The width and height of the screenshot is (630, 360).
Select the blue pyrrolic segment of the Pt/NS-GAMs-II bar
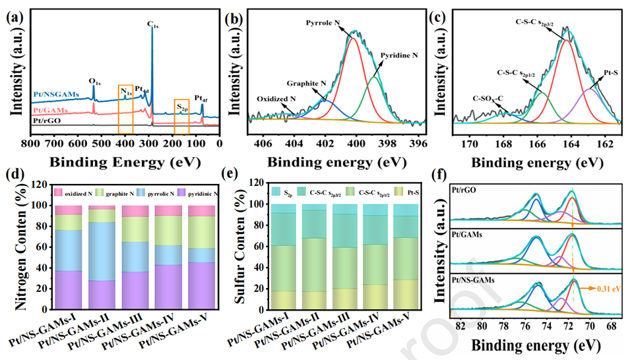click(102, 251)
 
